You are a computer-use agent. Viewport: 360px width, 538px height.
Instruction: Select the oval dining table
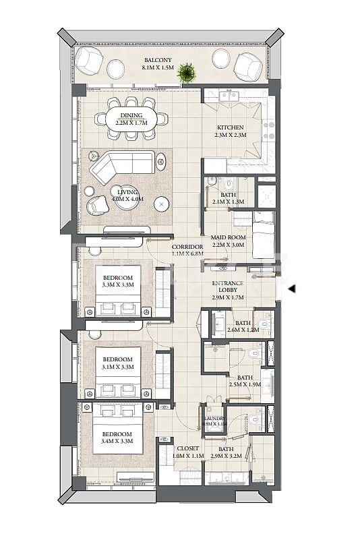point(131,119)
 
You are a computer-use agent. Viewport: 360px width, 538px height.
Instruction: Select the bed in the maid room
point(263,235)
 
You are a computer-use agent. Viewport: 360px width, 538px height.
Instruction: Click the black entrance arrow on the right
point(291,289)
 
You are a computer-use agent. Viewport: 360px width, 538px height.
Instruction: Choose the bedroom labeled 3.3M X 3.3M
point(118,281)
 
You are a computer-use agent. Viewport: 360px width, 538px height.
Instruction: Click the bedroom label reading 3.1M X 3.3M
point(118,362)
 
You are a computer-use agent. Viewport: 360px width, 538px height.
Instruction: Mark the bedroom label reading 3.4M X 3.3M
point(118,436)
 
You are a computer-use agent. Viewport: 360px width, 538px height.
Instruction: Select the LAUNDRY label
point(214,421)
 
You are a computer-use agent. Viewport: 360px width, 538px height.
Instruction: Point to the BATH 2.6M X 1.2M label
point(242,326)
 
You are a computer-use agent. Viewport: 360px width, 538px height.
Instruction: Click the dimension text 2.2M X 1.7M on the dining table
point(131,123)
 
